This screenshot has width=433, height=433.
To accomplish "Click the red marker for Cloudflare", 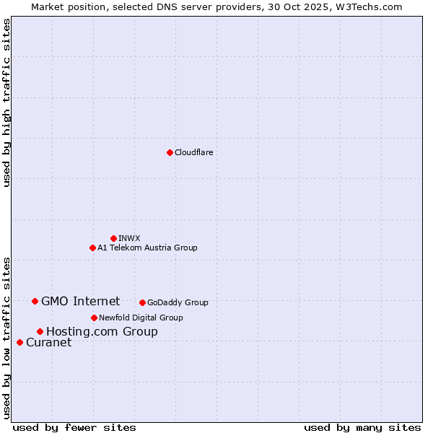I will [x=170, y=152].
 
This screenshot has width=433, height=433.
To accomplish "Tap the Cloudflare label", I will [x=193, y=152].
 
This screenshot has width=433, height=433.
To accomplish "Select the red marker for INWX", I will [x=113, y=238].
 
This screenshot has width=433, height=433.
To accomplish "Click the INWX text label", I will [x=129, y=238].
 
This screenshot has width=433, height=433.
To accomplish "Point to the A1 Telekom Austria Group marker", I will [x=92, y=248].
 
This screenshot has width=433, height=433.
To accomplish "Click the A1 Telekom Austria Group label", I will [x=147, y=248].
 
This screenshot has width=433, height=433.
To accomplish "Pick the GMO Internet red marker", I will [x=35, y=301].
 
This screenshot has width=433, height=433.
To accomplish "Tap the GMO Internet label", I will [x=80, y=301].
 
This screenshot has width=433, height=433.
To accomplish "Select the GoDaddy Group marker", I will [x=142, y=302].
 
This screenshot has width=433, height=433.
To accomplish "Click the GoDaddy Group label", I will [x=178, y=302].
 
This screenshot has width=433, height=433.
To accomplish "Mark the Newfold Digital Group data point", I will [x=94, y=318].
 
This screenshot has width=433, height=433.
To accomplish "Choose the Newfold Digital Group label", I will [x=141, y=318].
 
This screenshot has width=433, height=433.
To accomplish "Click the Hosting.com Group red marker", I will [x=40, y=331].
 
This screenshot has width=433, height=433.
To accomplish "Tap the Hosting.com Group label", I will [x=102, y=331].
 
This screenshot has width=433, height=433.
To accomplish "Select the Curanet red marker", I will [x=19, y=342].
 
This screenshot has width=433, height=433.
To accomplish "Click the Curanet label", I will [x=48, y=342].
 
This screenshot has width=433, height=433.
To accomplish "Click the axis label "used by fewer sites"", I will [x=74, y=427].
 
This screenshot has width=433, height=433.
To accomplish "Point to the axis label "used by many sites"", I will [x=362, y=427].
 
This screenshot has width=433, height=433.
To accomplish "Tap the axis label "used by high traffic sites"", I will [x=6, y=102].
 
